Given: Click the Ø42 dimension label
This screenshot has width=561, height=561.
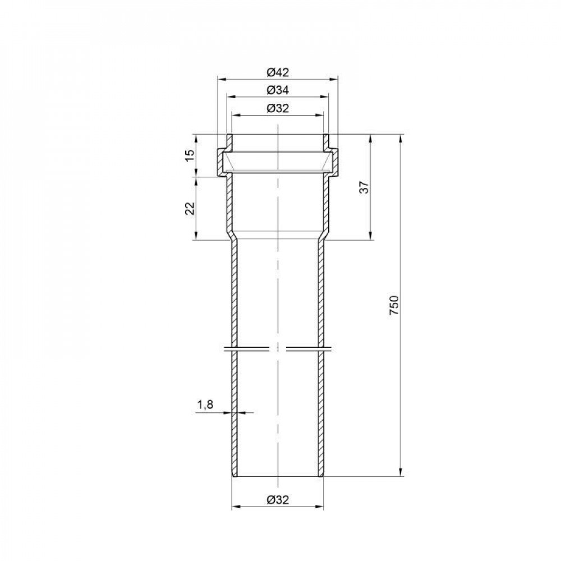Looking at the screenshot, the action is pyautogui.click(x=278, y=72).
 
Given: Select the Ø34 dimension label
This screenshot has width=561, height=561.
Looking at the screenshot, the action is pyautogui.click(x=278, y=90).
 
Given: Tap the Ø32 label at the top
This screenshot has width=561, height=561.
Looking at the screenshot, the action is pyautogui.click(x=278, y=108).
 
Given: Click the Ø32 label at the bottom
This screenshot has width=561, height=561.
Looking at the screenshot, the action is pyautogui.click(x=278, y=500).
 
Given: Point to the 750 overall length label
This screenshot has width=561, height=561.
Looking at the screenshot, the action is pyautogui.click(x=394, y=305).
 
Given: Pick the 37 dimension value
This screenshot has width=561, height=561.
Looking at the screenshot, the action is pyautogui.click(x=364, y=187).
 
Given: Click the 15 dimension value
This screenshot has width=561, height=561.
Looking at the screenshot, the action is pyautogui.click(x=190, y=155).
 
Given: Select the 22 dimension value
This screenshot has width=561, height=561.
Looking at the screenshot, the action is pyautogui.click(x=190, y=208).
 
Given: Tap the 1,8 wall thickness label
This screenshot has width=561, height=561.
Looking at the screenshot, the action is pyautogui.click(x=205, y=404).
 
